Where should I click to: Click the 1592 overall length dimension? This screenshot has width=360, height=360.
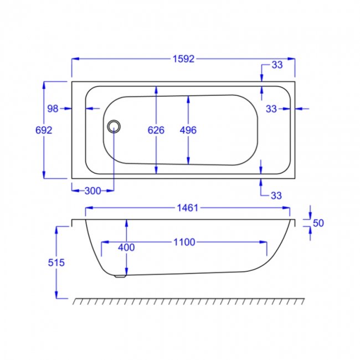tap(183, 59)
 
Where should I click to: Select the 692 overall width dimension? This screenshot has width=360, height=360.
tap(44, 130)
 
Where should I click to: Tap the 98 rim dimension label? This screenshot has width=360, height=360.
tap(53, 109)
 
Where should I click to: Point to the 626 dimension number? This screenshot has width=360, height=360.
tap(156, 130)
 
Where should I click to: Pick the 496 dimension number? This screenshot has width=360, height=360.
tap(188, 130)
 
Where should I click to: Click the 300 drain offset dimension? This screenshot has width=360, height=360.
tap(92, 191)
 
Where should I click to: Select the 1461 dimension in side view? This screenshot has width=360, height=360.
tap(188, 208)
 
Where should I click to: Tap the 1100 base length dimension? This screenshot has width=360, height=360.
tap(184, 242)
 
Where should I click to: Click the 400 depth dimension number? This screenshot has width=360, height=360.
tap(126, 248)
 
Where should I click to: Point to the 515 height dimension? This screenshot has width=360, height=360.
tap(56, 263)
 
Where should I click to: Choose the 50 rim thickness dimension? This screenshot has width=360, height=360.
tap(318, 223)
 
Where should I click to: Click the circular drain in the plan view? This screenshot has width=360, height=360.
tap(114, 126)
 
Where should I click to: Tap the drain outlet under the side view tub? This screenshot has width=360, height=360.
tap(120, 276)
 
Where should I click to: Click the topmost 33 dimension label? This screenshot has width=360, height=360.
tap(277, 65)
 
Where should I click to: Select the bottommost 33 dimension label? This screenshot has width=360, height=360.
tap(276, 196)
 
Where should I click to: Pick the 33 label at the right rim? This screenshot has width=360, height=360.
tap(271, 109)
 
